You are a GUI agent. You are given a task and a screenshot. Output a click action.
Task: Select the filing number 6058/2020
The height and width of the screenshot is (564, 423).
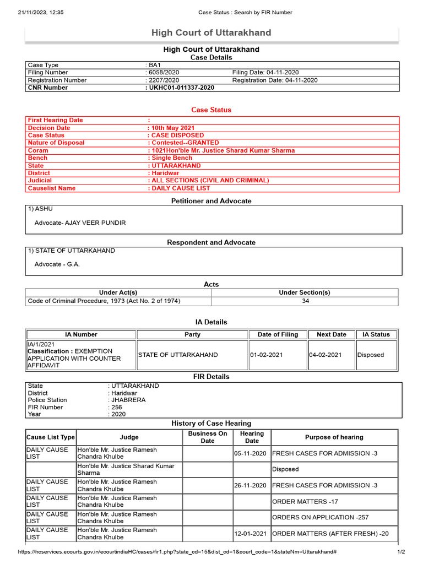click(x=162, y=73)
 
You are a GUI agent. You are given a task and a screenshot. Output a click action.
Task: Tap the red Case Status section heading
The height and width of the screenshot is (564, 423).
click(x=211, y=110)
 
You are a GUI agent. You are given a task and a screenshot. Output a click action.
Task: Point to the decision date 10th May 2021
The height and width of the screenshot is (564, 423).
click(x=173, y=128)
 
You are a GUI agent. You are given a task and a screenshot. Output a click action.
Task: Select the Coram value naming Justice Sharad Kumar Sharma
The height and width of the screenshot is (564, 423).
click(x=223, y=150)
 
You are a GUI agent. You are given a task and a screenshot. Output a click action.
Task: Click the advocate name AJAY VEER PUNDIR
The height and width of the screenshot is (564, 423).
click(x=80, y=223)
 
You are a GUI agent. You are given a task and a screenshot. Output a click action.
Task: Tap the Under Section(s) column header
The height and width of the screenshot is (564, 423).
click(x=305, y=292)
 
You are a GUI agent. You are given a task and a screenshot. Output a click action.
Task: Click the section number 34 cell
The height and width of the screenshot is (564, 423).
click(x=305, y=301)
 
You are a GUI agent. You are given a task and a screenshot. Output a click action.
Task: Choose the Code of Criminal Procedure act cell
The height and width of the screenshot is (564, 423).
click(x=104, y=301)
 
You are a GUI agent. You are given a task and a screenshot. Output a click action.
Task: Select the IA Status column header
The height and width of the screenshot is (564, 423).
click(x=376, y=334)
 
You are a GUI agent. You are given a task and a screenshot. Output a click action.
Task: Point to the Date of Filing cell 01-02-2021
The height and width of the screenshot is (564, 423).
click(x=267, y=355)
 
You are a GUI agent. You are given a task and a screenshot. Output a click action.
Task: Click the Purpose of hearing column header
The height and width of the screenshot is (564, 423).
click(x=334, y=437)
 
